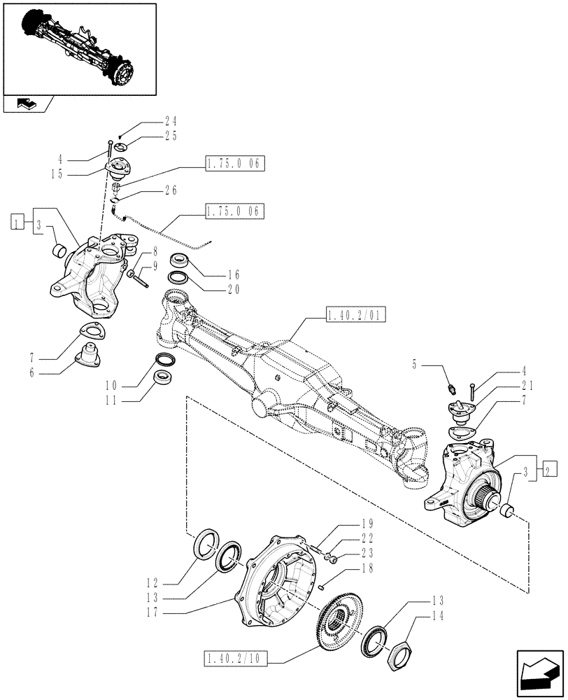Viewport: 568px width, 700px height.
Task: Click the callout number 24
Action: coord(171,120)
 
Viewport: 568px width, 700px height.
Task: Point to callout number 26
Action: coord(171,190)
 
